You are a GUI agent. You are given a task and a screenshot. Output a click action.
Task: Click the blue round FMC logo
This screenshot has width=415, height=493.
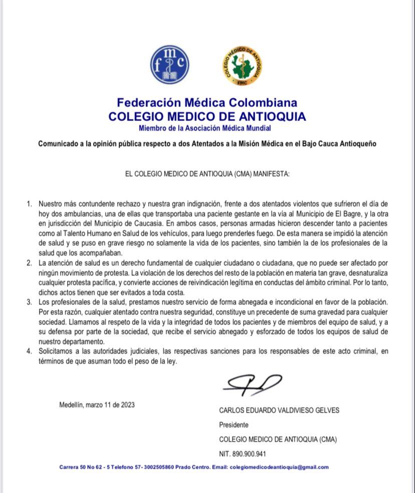click(170, 66)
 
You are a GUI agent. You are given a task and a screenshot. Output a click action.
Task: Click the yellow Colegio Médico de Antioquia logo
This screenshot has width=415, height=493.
click(243, 66)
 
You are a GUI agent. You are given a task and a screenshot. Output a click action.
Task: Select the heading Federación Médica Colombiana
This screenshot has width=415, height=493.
click(207, 103)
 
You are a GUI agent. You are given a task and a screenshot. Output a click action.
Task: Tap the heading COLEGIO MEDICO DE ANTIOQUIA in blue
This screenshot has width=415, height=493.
click(207, 117)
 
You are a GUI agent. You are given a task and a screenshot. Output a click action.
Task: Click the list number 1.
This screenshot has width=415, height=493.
click(29, 204)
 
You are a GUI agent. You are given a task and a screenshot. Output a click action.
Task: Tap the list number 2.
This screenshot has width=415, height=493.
click(29, 263)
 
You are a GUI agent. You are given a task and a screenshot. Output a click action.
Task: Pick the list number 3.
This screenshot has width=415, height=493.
click(29, 302)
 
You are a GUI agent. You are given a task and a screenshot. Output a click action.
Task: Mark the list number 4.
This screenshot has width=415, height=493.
click(29, 352)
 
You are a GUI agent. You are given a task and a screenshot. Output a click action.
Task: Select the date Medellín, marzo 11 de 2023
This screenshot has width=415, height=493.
click(97, 405)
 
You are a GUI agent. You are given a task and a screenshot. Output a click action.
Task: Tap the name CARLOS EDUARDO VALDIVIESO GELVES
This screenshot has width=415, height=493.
click(279, 410)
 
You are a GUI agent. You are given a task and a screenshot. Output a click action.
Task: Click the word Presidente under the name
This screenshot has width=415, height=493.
click(234, 425)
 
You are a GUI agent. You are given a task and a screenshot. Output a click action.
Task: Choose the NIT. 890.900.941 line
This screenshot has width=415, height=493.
click(242, 454)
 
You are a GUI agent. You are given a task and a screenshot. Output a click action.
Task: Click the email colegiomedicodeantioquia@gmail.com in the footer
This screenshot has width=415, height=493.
click(279, 467)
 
